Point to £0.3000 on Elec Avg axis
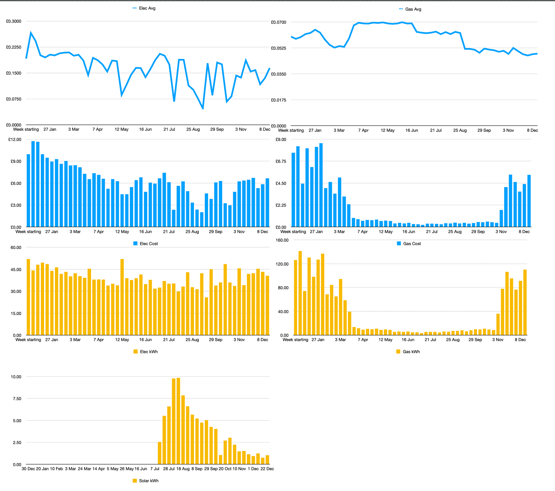coord(14,21)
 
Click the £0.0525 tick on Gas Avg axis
coord(278,48)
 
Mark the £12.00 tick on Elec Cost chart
coord(15,140)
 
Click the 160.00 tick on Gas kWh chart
coord(282,240)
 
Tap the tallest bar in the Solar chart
coord(178,421)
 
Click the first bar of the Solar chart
coord(160,453)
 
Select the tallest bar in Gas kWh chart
coord(300,293)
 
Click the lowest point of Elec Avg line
coord(203,109)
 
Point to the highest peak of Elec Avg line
coord(31,33)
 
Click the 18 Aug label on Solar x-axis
coord(183,469)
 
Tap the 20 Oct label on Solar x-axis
coord(225,469)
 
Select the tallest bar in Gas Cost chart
coord(321,185)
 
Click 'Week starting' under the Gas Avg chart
coord(291,130)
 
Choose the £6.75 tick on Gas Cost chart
coord(281,161)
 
